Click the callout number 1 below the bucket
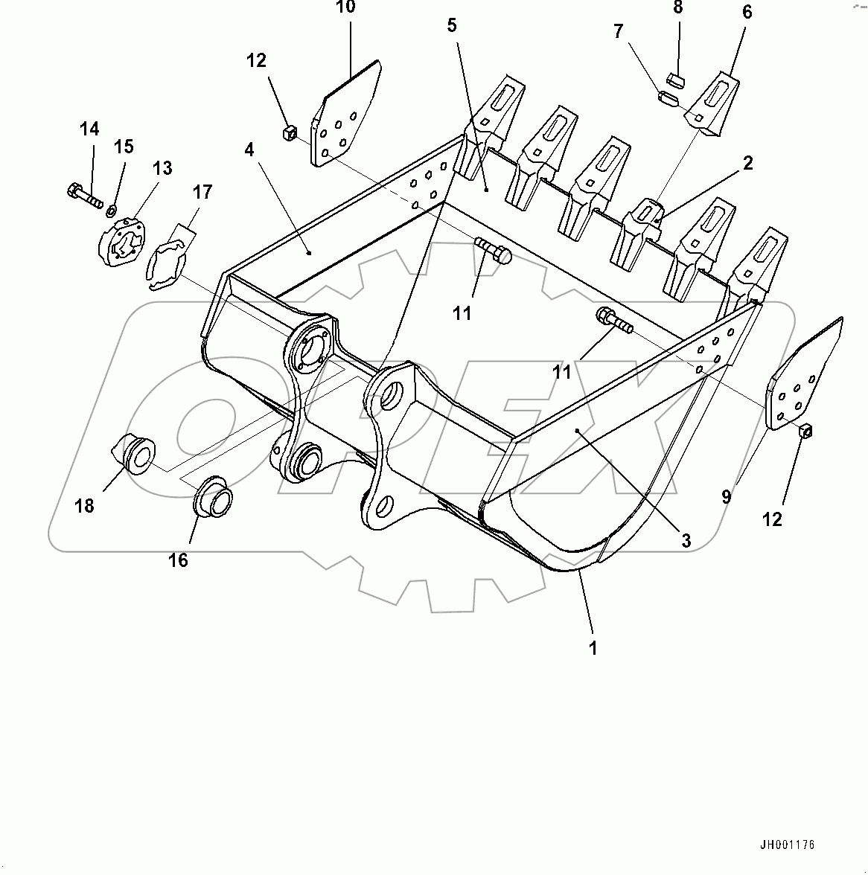pos(593,648)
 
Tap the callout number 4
pos(249,150)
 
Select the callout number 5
pos(452,26)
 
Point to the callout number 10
pos(345,8)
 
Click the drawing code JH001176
pos(787,845)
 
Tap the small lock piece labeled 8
pos(677,77)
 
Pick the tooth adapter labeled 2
pos(643,219)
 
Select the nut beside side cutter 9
pos(805,431)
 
